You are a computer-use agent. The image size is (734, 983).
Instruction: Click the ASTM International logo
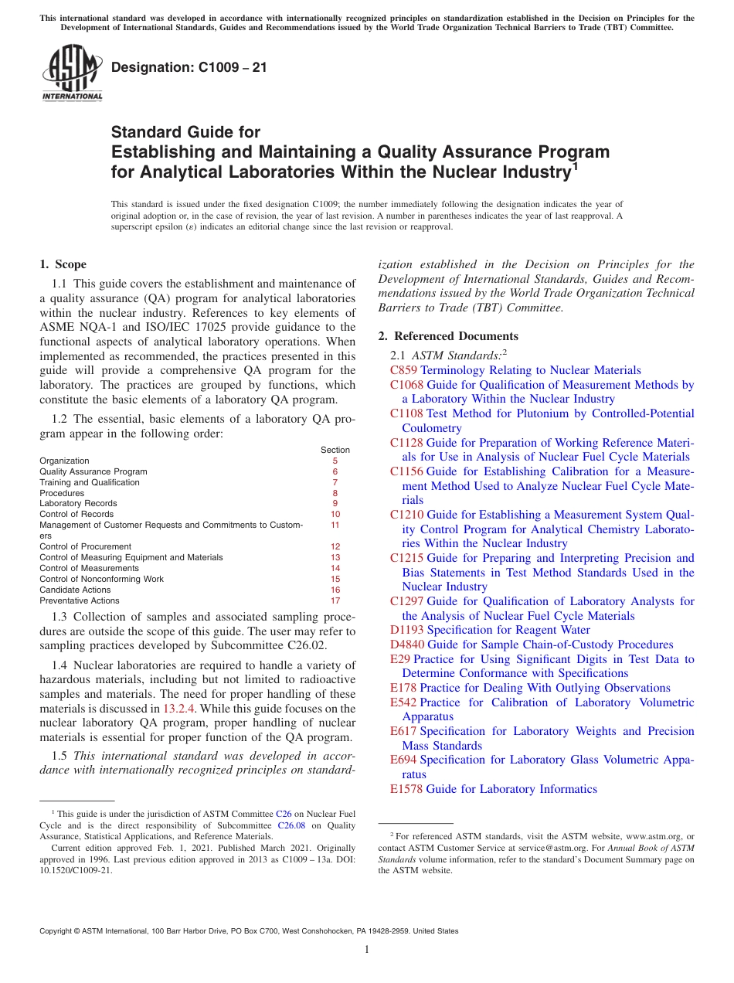(72, 73)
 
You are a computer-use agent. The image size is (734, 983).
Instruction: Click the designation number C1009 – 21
(189, 67)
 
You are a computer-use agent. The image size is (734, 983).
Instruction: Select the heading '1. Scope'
(63, 264)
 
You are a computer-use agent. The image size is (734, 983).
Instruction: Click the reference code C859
(403, 370)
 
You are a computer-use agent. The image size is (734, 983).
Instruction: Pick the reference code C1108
(406, 413)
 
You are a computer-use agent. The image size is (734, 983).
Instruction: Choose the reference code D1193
(406, 630)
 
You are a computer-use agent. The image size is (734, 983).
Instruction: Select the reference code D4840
(406, 645)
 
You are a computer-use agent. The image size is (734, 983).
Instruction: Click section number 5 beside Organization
(335, 461)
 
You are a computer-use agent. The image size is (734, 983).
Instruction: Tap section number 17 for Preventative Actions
(335, 600)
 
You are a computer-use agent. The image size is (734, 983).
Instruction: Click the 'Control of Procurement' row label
(85, 546)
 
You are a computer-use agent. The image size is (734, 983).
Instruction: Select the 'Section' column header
(335, 450)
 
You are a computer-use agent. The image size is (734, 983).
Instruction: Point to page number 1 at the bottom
(367, 950)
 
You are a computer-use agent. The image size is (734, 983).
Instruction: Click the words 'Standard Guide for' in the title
(185, 132)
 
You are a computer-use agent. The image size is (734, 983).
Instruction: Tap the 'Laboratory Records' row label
(78, 503)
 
